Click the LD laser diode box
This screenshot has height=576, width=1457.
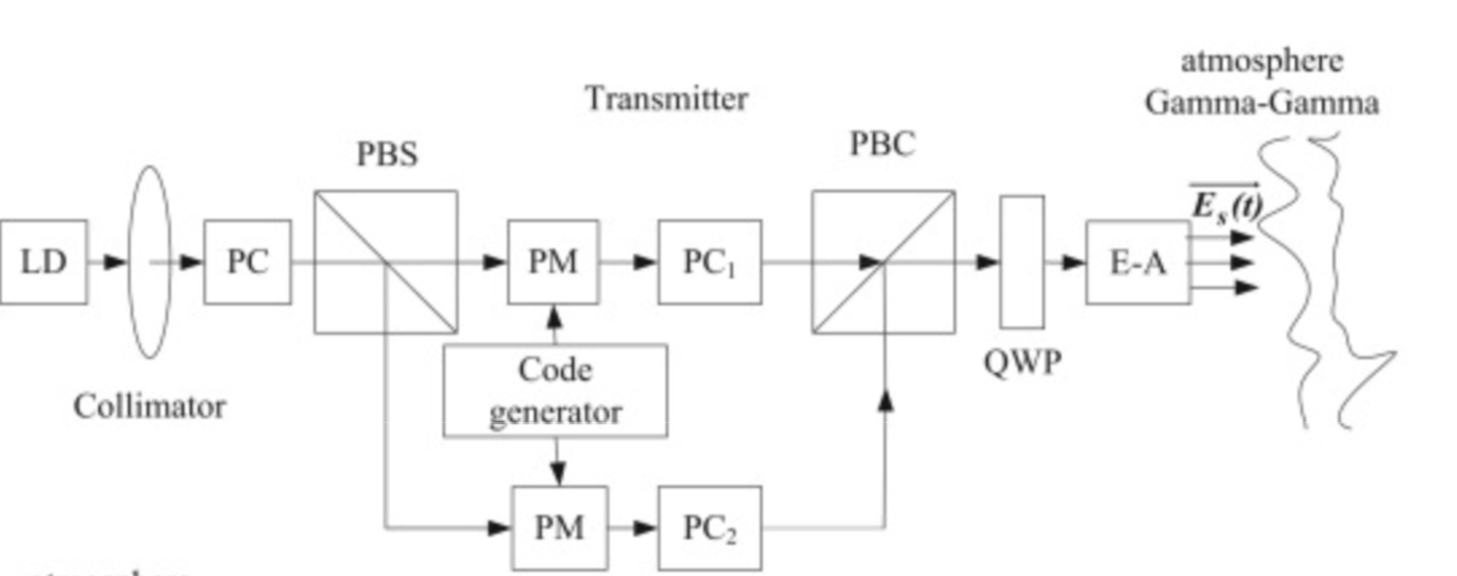(x=44, y=262)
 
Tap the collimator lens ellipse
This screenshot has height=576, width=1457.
(x=150, y=262)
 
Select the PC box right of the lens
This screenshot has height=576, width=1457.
(x=248, y=262)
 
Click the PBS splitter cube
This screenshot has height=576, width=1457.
(x=386, y=262)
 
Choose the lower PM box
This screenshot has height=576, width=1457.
(x=559, y=528)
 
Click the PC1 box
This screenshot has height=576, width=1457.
(x=709, y=262)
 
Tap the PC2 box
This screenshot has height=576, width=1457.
(x=709, y=528)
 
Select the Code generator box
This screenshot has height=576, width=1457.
(x=555, y=390)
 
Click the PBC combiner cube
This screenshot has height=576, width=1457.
(x=883, y=262)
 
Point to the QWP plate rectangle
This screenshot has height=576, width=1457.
(x=1022, y=262)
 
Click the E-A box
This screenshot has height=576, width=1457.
(x=1138, y=262)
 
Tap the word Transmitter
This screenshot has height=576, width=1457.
(x=667, y=99)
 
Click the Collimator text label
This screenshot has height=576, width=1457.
(x=150, y=406)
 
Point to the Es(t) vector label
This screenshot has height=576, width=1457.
(x=1226, y=205)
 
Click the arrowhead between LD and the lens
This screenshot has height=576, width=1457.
(x=115, y=262)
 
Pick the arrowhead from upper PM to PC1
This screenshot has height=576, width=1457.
(x=645, y=262)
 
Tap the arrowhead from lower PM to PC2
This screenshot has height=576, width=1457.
(x=645, y=528)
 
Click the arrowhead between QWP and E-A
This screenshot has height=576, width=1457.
(x=1073, y=262)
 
